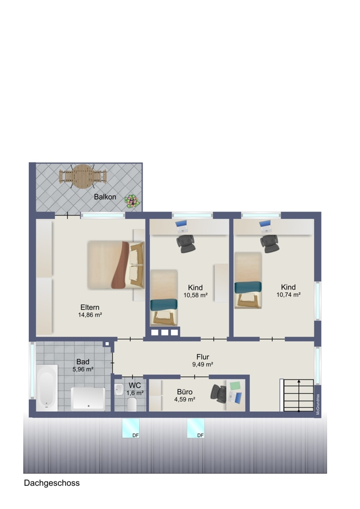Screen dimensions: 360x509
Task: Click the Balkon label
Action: point(105,197)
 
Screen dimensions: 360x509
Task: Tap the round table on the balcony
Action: point(83,176)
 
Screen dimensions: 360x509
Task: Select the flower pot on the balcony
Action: point(133,201)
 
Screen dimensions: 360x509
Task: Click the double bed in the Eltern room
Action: point(116,265)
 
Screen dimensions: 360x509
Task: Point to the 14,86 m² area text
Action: point(90,314)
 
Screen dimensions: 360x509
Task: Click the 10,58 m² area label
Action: point(195,295)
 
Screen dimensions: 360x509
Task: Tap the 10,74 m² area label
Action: point(288,295)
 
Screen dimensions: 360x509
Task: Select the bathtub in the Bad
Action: point(47,388)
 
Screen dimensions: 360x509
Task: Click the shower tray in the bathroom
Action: point(88,399)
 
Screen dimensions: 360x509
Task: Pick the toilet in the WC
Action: point(132,405)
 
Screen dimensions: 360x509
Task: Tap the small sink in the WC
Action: point(119,389)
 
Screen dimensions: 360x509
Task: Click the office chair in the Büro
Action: point(218,394)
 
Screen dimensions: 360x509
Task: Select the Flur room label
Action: point(203,357)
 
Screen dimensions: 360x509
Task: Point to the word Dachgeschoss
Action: point(52,483)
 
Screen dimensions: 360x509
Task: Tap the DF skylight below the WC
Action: point(131,428)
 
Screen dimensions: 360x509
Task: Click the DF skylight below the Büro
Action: point(196,428)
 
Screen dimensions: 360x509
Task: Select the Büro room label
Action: point(185,392)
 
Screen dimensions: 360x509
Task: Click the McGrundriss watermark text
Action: point(318,404)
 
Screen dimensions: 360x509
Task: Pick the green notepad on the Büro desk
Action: point(235,386)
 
